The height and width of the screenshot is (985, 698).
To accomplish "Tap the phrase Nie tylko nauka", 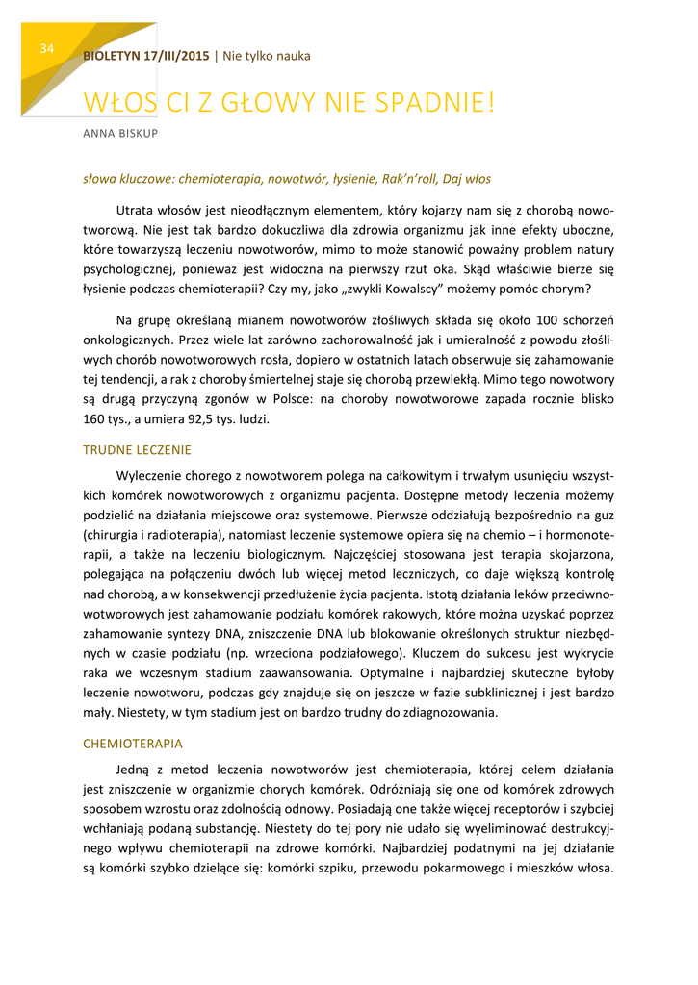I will click(x=267, y=56).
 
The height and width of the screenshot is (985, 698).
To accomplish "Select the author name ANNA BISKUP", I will click(x=120, y=132).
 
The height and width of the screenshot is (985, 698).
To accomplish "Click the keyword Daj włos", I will click(x=470, y=178).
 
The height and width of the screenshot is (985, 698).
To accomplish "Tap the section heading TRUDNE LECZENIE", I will click(x=137, y=449).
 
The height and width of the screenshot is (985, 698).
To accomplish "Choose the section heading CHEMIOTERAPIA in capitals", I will click(x=133, y=744).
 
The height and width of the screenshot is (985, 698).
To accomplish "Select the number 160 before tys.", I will click(x=93, y=419).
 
